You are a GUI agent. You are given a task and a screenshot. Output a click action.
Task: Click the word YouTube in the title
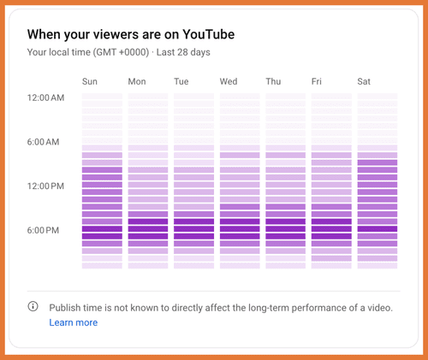(x=204, y=35)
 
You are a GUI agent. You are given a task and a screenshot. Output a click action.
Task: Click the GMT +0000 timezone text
(x=111, y=53)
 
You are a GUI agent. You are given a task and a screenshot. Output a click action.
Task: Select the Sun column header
(x=90, y=82)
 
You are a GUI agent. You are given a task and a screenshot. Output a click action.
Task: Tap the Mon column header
(x=137, y=82)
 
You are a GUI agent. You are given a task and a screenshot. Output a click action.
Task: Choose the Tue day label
(x=181, y=82)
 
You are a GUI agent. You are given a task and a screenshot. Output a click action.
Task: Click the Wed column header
(x=229, y=82)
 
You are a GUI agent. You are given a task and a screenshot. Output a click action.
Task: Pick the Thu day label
(x=273, y=82)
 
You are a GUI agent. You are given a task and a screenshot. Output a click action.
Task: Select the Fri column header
(x=318, y=82)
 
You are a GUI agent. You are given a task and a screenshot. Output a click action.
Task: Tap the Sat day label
(x=365, y=82)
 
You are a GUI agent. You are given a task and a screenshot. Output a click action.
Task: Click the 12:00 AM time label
(x=46, y=97)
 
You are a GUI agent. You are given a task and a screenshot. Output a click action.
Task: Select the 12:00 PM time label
(x=46, y=186)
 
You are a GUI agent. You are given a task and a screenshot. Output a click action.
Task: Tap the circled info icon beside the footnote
(x=33, y=306)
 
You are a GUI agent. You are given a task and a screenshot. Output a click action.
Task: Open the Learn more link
(x=73, y=322)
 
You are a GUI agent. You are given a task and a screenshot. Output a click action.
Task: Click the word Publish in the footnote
(x=66, y=307)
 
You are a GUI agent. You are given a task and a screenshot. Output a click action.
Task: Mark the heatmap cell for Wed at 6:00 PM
(x=240, y=229)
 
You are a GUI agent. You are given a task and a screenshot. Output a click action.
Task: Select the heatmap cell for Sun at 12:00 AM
(x=102, y=97)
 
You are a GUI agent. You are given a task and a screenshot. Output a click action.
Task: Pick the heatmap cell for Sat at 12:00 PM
(x=377, y=185)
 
